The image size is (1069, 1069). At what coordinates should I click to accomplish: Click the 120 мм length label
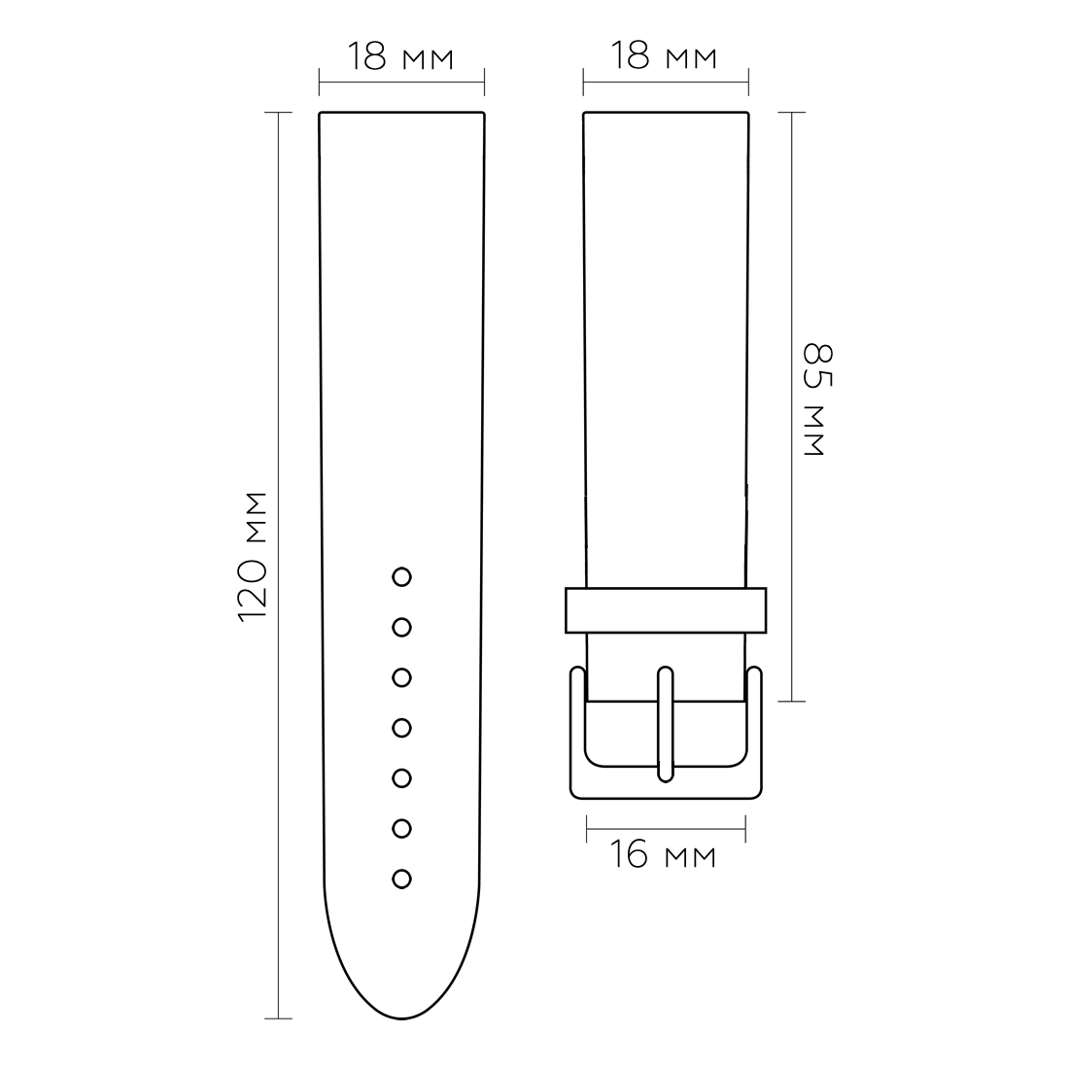coord(253,556)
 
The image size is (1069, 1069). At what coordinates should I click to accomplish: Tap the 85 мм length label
coord(817,399)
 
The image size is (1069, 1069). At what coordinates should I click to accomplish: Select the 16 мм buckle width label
coord(663,855)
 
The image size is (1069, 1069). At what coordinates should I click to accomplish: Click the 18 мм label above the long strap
coord(400,56)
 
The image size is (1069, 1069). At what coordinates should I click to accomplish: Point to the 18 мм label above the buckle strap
coord(664,56)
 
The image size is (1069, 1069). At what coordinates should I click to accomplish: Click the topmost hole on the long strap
coord(401,576)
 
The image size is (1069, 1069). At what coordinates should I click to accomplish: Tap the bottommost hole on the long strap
coord(401,879)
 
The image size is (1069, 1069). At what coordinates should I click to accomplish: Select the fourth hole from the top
coord(401,728)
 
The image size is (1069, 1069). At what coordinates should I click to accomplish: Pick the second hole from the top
coord(401,627)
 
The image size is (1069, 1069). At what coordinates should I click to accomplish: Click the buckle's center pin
coord(666,724)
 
